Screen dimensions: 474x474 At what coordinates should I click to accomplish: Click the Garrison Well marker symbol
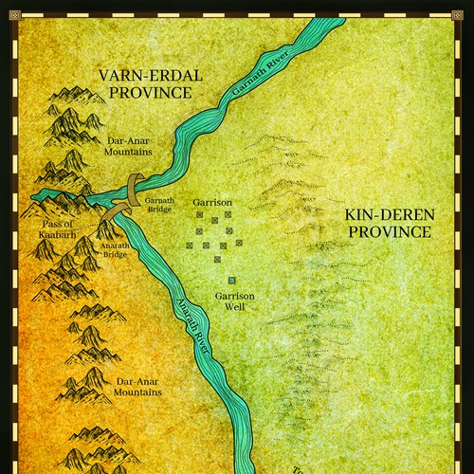[232, 281]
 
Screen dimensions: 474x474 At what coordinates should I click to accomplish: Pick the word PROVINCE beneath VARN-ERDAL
[150, 93]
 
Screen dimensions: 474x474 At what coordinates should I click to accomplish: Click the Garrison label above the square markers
[211, 203]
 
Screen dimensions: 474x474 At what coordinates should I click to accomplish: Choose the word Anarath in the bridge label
[115, 243]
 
